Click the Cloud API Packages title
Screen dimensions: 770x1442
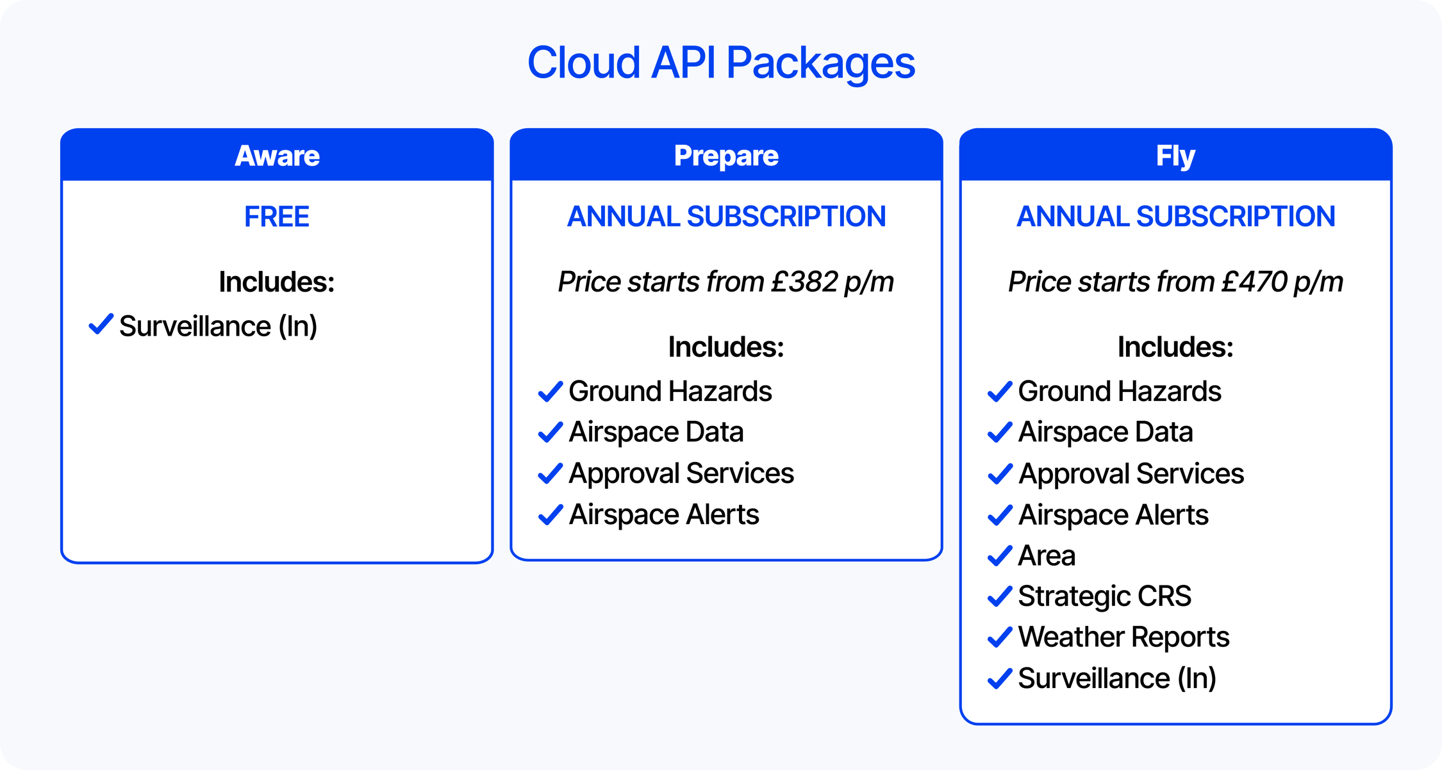(x=721, y=63)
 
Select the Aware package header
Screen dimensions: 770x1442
(x=277, y=156)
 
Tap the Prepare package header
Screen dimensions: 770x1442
(x=726, y=156)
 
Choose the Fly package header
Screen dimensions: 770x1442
(x=1175, y=156)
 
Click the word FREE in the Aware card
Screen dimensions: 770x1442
(x=277, y=217)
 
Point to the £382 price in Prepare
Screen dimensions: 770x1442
(x=804, y=282)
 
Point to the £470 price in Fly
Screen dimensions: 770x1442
(x=1254, y=282)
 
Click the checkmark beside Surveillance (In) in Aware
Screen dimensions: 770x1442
(x=101, y=325)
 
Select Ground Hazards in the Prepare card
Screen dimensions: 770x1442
(x=670, y=391)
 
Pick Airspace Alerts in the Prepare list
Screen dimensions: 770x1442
(x=663, y=514)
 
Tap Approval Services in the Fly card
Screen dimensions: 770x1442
(x=1131, y=474)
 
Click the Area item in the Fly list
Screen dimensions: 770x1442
(x=1047, y=555)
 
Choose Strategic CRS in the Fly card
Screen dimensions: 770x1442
(x=1104, y=596)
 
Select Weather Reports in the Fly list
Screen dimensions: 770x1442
(x=1123, y=637)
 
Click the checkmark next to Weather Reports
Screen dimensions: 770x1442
(x=1000, y=637)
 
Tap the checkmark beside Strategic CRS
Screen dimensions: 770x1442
(x=1000, y=596)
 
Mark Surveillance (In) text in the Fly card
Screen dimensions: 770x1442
(x=1117, y=678)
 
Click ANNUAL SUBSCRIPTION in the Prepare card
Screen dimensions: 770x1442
(x=726, y=217)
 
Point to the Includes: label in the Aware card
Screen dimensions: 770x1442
(x=277, y=282)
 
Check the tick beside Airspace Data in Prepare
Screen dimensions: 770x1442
(x=551, y=432)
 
